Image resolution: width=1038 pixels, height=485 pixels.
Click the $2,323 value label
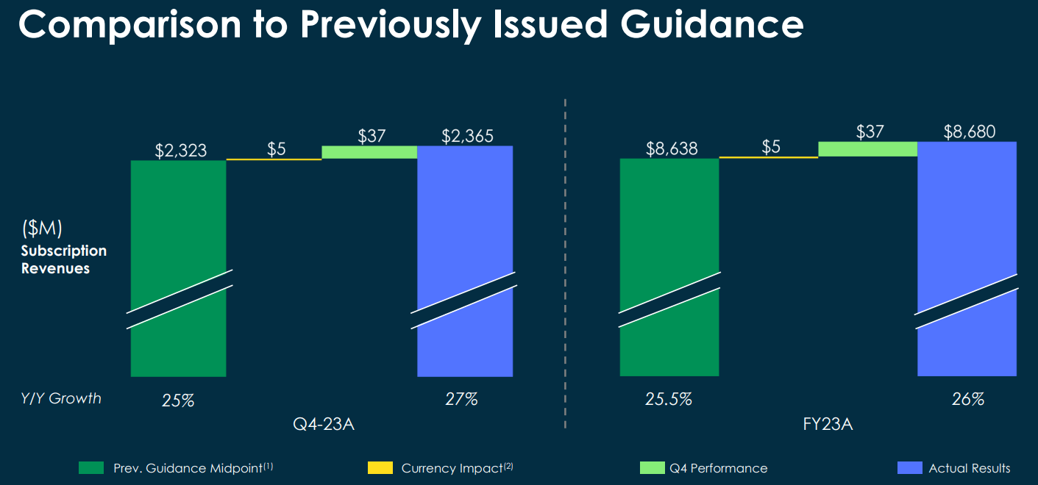180,151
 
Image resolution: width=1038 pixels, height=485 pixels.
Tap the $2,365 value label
467,136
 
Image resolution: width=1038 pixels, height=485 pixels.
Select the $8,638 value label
671,149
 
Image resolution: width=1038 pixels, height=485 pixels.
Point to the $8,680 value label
970,132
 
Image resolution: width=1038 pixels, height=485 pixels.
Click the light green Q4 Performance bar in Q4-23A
369,152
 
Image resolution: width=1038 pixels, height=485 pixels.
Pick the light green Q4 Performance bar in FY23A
867,149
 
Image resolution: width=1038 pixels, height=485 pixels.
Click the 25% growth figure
178,400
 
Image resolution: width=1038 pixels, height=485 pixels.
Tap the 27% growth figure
461,399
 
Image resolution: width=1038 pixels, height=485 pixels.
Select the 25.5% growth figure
669,399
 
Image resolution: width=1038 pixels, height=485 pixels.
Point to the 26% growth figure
967,399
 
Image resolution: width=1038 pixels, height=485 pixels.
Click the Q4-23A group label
324,425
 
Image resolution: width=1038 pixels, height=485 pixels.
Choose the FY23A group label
825,425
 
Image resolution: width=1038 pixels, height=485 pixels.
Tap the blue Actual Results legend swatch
910,468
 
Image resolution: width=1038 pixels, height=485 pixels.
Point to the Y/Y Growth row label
61,399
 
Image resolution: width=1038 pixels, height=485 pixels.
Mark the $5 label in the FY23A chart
770,147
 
